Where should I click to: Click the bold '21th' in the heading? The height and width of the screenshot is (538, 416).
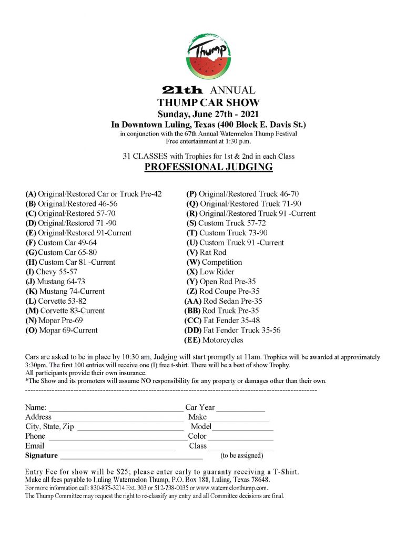click(x=182, y=90)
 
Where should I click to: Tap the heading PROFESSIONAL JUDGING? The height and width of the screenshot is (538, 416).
click(x=208, y=168)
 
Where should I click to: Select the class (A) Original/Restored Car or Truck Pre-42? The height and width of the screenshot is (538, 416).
click(x=94, y=194)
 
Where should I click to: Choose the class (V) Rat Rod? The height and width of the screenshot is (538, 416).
click(x=206, y=252)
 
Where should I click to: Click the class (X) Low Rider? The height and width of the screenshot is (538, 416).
click(x=210, y=272)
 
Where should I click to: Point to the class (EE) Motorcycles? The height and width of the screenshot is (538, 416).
click(x=214, y=340)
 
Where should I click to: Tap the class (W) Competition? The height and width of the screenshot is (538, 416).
click(x=214, y=262)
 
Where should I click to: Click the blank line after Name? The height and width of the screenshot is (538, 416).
click(x=115, y=408)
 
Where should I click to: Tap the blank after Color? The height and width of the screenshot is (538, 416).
click(x=240, y=437)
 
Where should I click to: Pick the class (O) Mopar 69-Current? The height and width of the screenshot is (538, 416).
click(x=62, y=330)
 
